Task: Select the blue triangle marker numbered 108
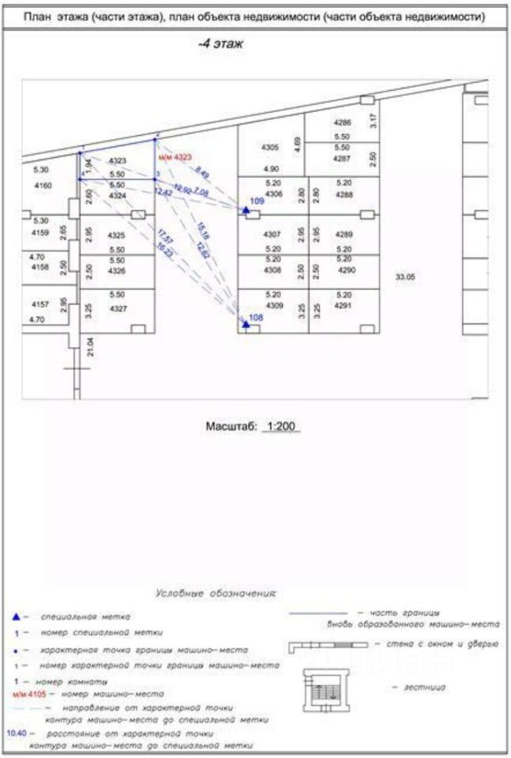pyautogui.click(x=246, y=324)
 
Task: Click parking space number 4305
pyautogui.click(x=270, y=148)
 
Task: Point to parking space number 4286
pyautogui.click(x=342, y=123)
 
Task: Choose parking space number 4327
pyautogui.click(x=118, y=308)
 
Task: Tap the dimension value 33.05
pyautogui.click(x=405, y=276)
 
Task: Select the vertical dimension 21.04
pyautogui.click(x=90, y=345)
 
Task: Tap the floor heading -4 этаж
pyautogui.click(x=220, y=45)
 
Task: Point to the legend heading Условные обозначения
pyautogui.click(x=216, y=592)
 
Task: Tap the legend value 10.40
pyautogui.click(x=17, y=734)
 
